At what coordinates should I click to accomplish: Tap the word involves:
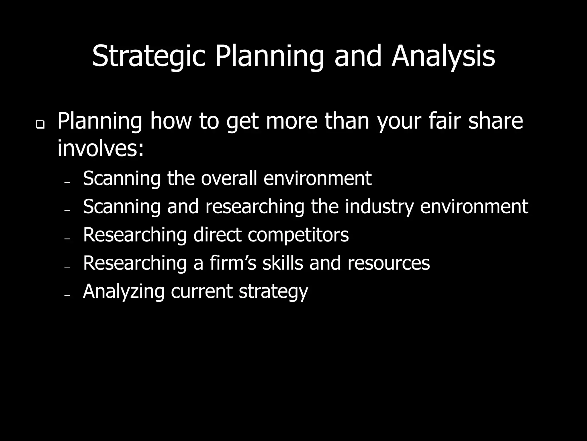pos(100,148)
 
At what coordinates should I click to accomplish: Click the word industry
pos(379,206)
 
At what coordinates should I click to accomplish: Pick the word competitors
pos(298,235)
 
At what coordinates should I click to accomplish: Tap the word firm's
pos(233,263)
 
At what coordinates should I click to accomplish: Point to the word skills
pos(283,263)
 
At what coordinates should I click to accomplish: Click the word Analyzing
pos(124,291)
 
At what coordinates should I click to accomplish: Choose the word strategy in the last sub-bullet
pos(273,291)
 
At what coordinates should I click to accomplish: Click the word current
pos(201,291)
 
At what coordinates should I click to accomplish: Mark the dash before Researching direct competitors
pos(67,239)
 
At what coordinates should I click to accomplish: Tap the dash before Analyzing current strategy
pos(67,295)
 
